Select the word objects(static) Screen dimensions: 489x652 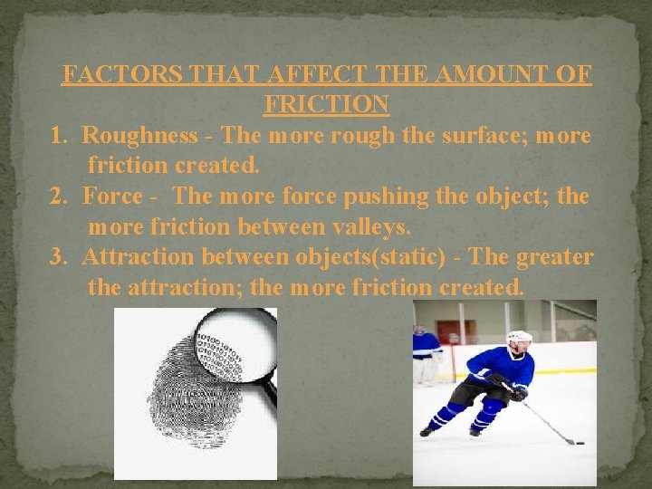tap(370, 257)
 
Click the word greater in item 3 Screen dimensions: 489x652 tap(554, 257)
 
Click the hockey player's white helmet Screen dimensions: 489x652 tap(519, 339)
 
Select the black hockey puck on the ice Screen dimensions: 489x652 tap(580, 444)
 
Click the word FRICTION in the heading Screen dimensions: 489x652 tap(326, 104)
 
